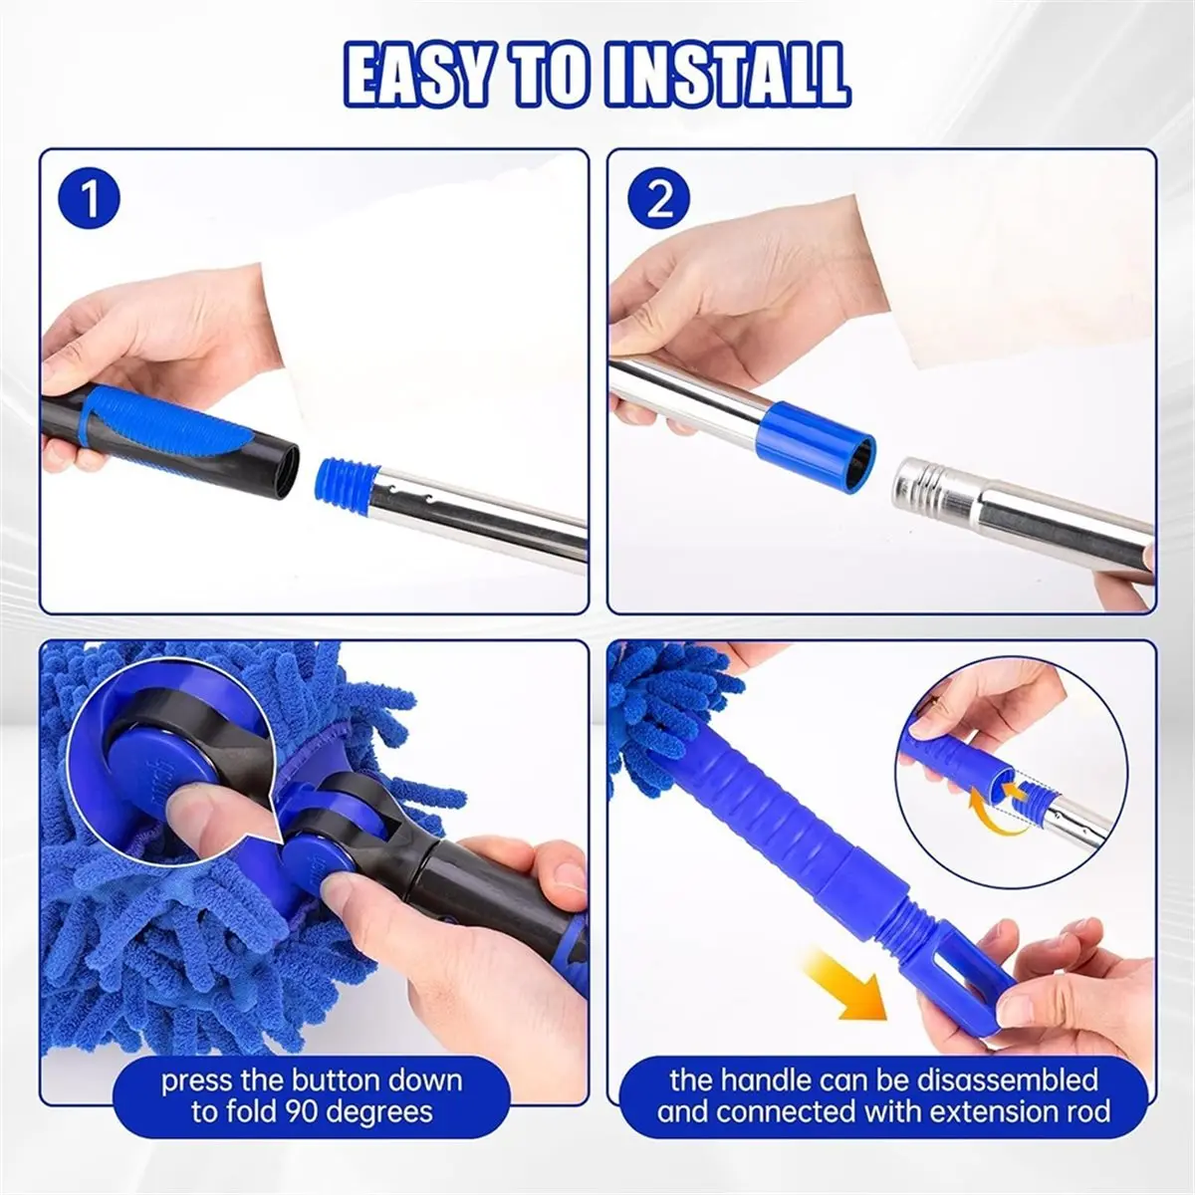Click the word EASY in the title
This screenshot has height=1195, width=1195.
click(x=416, y=75)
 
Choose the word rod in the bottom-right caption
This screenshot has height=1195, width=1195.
click(x=1085, y=1111)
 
